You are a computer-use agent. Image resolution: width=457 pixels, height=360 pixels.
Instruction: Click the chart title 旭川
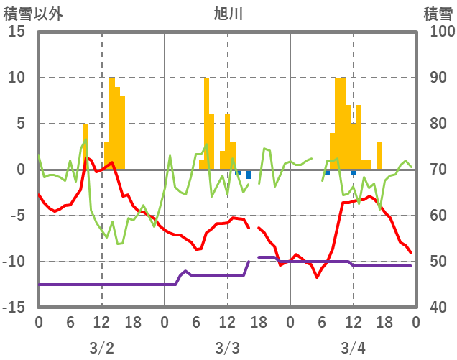pyautogui.click(x=228, y=13)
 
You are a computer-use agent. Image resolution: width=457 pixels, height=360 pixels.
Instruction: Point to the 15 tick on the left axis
pyautogui.click(x=17, y=32)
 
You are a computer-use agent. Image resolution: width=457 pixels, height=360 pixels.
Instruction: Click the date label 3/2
pyautogui.click(x=101, y=348)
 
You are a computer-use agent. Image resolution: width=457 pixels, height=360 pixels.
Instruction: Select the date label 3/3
pyautogui.click(x=227, y=348)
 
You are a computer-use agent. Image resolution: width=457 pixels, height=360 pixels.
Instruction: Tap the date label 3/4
pyautogui.click(x=353, y=348)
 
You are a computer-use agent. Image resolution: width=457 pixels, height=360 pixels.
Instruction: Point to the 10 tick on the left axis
pyautogui.click(x=17, y=78)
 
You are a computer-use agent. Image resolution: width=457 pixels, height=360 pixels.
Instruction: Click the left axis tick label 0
pyautogui.click(x=21, y=170)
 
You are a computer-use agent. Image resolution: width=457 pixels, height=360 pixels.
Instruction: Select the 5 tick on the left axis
pyautogui.click(x=21, y=124)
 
